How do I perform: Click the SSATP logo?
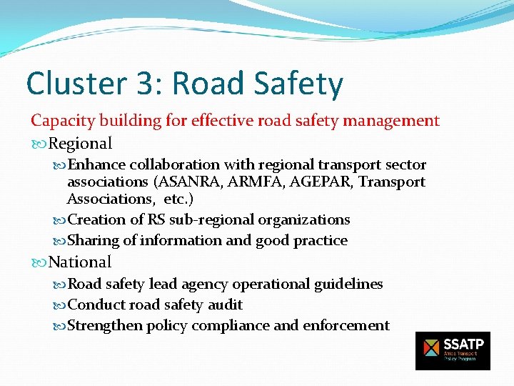coord(453,350)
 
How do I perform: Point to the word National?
coord(80,262)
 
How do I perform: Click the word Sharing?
coord(92,240)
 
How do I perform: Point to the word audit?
coord(225,305)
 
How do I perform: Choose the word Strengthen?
coord(104,326)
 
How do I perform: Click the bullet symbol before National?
coord(38,263)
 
